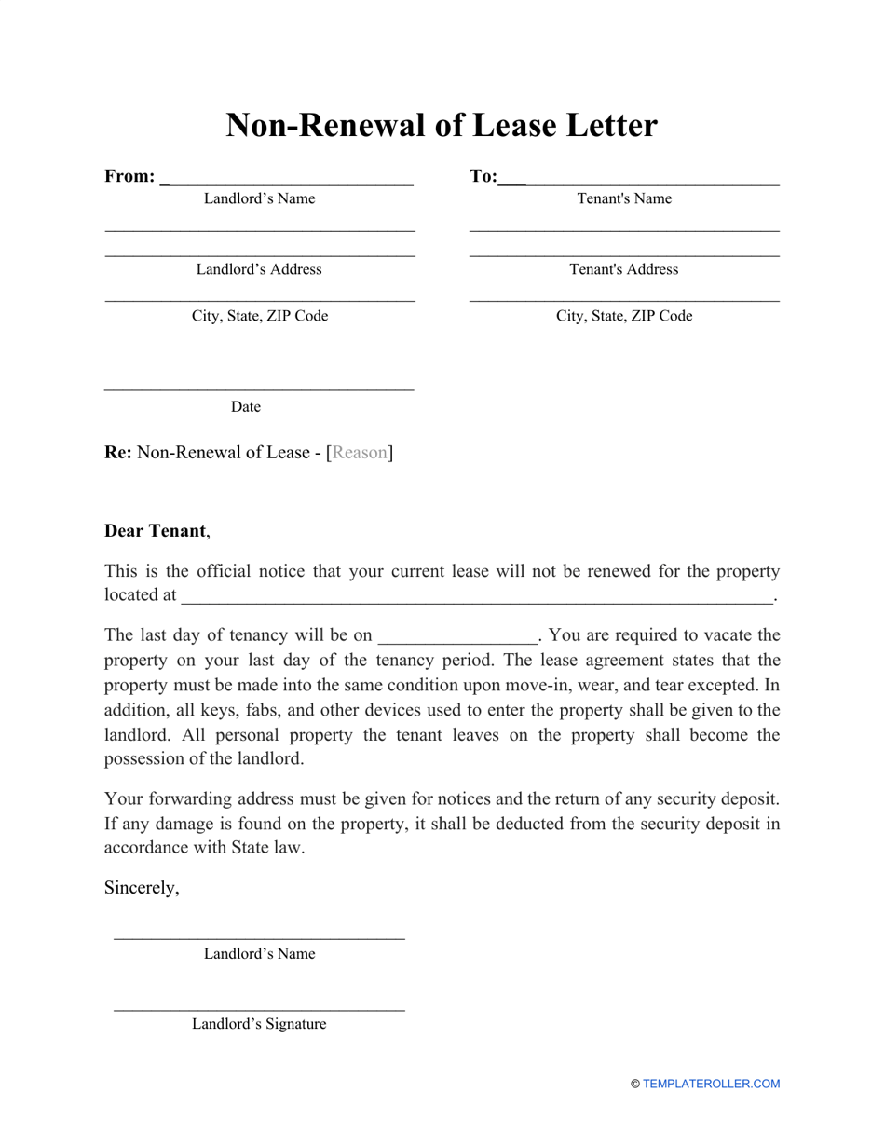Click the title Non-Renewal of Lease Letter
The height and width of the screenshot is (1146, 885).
pos(442,125)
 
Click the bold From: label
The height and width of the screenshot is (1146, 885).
pos(129,176)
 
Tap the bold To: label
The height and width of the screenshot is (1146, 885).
pos(483,176)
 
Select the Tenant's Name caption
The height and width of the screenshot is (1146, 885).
pos(624,198)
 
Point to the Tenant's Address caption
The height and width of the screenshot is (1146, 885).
pos(624,269)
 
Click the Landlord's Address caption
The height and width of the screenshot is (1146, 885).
pos(259,269)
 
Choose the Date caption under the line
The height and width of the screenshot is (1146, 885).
pos(246,407)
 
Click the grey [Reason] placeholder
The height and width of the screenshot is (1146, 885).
pos(360,453)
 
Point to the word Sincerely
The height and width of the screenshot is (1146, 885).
pos(142,888)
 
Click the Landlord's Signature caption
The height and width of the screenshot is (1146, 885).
pos(259,1024)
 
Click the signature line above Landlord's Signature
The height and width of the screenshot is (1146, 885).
pos(259,1009)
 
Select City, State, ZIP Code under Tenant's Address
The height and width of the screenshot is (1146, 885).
pos(624,316)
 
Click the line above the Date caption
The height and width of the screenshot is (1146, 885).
pos(259,389)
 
